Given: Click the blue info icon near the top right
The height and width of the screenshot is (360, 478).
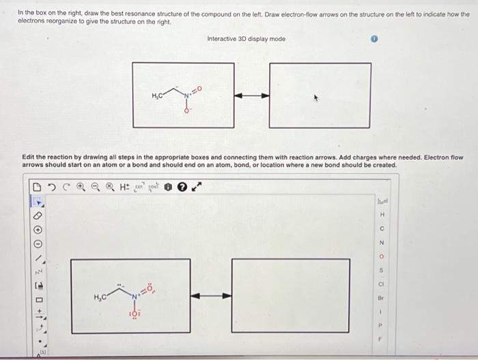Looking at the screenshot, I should pyautogui.click(x=374, y=40).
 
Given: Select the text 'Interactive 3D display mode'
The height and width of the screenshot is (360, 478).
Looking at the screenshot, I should pyautogui.click(x=246, y=39).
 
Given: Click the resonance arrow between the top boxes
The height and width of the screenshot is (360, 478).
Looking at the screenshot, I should pyautogui.click(x=252, y=95).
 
